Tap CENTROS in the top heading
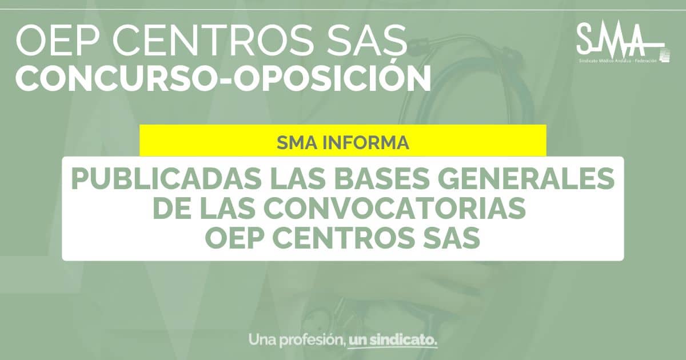pyautogui.click(x=208, y=40)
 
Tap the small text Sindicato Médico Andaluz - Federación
pyautogui.click(x=618, y=61)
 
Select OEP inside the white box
pyautogui.click(x=234, y=238)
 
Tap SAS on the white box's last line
pyautogui.click(x=448, y=238)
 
